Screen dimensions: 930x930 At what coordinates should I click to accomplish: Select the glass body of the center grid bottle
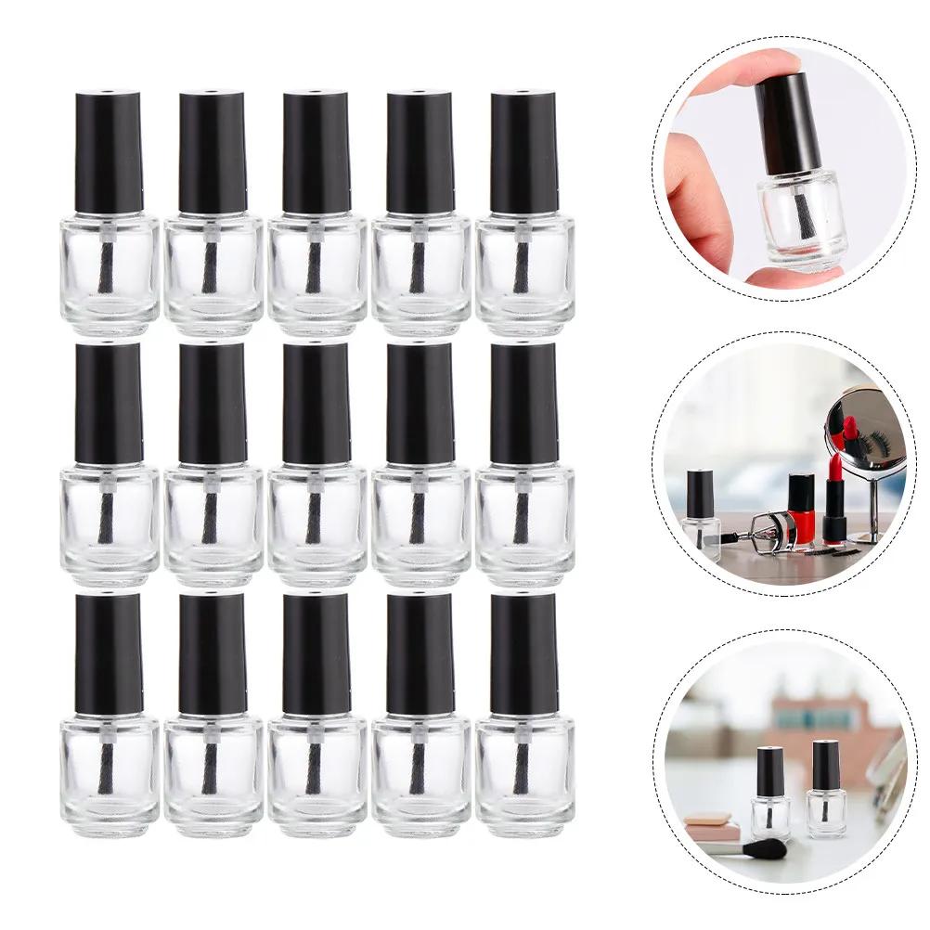pos(316,524)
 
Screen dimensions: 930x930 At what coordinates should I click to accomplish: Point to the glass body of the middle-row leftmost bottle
pos(110,524)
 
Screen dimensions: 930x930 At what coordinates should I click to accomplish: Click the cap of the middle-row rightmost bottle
pos(524,404)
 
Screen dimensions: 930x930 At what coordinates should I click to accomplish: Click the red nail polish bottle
pos(801,510)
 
